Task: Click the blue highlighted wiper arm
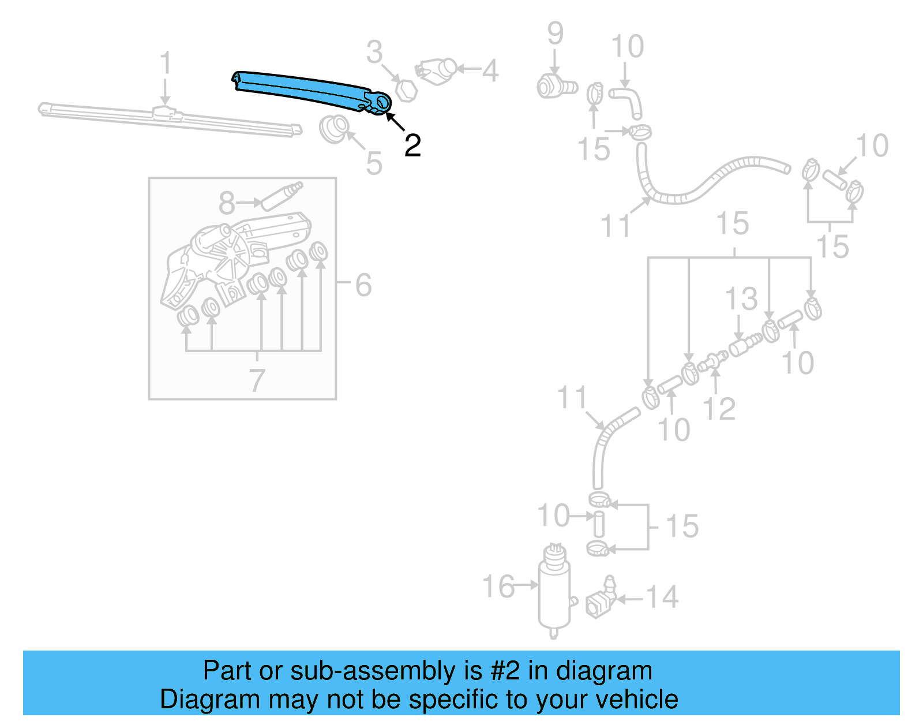click(x=306, y=89)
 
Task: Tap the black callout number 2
click(x=412, y=145)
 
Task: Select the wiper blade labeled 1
click(x=167, y=119)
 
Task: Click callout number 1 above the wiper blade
click(x=166, y=63)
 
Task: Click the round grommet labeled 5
click(x=334, y=129)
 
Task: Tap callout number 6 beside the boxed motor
click(x=363, y=285)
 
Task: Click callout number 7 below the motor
click(x=257, y=380)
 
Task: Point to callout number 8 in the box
click(x=227, y=203)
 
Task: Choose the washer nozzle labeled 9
click(x=556, y=87)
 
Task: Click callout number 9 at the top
click(x=555, y=33)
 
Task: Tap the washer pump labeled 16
click(x=554, y=592)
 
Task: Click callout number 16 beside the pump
click(x=498, y=586)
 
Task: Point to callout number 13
click(x=741, y=299)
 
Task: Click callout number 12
click(x=719, y=409)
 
